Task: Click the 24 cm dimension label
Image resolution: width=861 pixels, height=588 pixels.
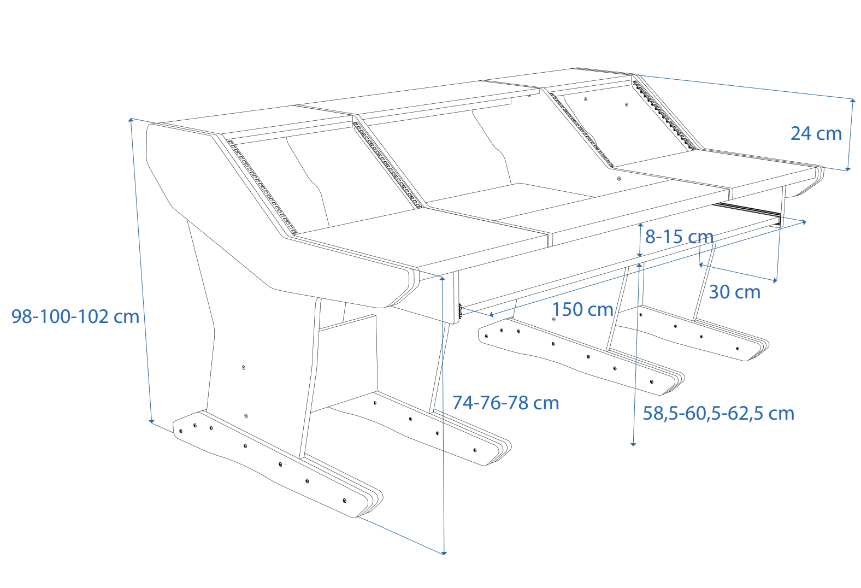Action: click(x=816, y=133)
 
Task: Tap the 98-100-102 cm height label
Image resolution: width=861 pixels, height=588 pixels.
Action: click(x=75, y=316)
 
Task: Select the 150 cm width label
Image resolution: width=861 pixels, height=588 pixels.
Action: click(x=582, y=309)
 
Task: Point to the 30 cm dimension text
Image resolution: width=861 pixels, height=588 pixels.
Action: click(x=734, y=292)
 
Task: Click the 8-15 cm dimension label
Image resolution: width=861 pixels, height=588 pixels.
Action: click(x=679, y=237)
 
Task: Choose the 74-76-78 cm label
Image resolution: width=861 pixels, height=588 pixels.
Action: click(x=505, y=403)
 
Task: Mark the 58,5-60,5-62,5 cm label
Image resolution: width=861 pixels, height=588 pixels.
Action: click(x=718, y=413)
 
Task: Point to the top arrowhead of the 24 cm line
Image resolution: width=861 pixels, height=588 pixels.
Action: click(x=853, y=101)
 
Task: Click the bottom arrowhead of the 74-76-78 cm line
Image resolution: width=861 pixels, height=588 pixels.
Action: click(x=444, y=553)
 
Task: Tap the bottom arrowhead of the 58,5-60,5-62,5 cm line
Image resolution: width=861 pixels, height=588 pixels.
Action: click(x=633, y=444)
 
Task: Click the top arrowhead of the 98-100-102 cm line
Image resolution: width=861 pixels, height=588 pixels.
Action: click(x=131, y=119)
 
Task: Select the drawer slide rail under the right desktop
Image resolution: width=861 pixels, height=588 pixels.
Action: click(x=748, y=210)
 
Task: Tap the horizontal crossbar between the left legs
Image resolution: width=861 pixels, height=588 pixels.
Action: click(x=347, y=322)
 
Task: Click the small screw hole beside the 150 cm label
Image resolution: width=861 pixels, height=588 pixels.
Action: click(x=554, y=319)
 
